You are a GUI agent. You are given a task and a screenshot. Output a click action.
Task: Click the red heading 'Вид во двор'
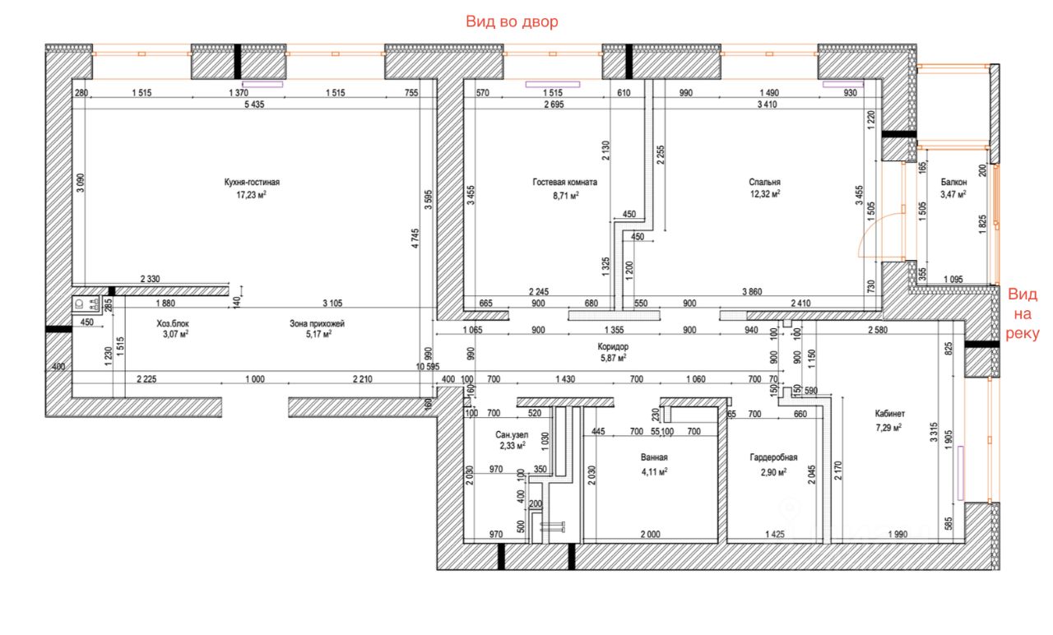pos(512,21)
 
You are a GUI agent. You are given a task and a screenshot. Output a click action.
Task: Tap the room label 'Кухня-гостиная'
pos(252,183)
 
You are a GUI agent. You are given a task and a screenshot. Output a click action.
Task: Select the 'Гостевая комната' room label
pos(565,183)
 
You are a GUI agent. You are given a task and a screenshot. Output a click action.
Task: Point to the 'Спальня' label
pos(764,183)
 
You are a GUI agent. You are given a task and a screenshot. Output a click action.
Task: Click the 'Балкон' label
pos(953,183)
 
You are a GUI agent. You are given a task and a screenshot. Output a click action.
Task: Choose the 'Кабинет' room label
pos(889,414)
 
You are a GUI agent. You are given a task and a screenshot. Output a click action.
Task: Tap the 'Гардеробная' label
pos(773,457)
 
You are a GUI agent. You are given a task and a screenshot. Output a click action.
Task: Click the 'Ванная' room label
pos(654,457)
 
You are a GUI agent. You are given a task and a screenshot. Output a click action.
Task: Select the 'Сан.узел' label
pos(512,435)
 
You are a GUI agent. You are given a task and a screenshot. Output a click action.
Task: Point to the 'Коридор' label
pos(613,347)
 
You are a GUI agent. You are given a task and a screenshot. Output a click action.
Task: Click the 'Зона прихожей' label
pos(317,324)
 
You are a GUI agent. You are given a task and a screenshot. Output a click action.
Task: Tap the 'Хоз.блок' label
pos(173,324)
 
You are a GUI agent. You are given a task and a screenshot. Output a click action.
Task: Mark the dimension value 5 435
pos(254,104)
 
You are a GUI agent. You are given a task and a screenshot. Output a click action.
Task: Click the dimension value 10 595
pos(428,367)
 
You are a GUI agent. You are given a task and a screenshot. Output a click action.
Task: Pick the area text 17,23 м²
pos(252,195)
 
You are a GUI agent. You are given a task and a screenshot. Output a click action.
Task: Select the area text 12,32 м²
pos(765,194)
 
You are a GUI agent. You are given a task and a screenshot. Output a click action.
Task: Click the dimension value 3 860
pos(752,292)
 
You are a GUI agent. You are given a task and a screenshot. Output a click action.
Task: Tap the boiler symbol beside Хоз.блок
pos(86,304)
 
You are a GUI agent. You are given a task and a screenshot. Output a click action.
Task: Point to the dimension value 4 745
pos(415,239)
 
